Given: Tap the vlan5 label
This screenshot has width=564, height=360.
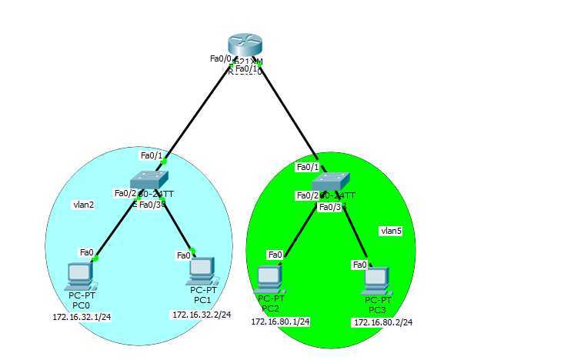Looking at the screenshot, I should pyautogui.click(x=391, y=230).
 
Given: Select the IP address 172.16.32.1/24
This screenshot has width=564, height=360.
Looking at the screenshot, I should pyautogui.click(x=82, y=317).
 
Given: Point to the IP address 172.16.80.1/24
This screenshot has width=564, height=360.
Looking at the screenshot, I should pyautogui.click(x=280, y=322).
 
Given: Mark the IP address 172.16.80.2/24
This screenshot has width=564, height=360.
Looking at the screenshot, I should pyautogui.click(x=382, y=322).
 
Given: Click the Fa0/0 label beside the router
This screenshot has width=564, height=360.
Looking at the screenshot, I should pyautogui.click(x=220, y=58).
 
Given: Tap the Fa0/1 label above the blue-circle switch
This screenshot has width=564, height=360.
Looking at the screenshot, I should pyautogui.click(x=152, y=155).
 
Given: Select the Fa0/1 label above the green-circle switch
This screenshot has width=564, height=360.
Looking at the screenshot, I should pyautogui.click(x=307, y=167).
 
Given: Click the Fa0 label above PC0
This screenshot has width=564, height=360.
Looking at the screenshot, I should pyautogui.click(x=86, y=252).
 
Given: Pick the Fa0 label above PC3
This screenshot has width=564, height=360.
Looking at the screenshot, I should pyautogui.click(x=359, y=265).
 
